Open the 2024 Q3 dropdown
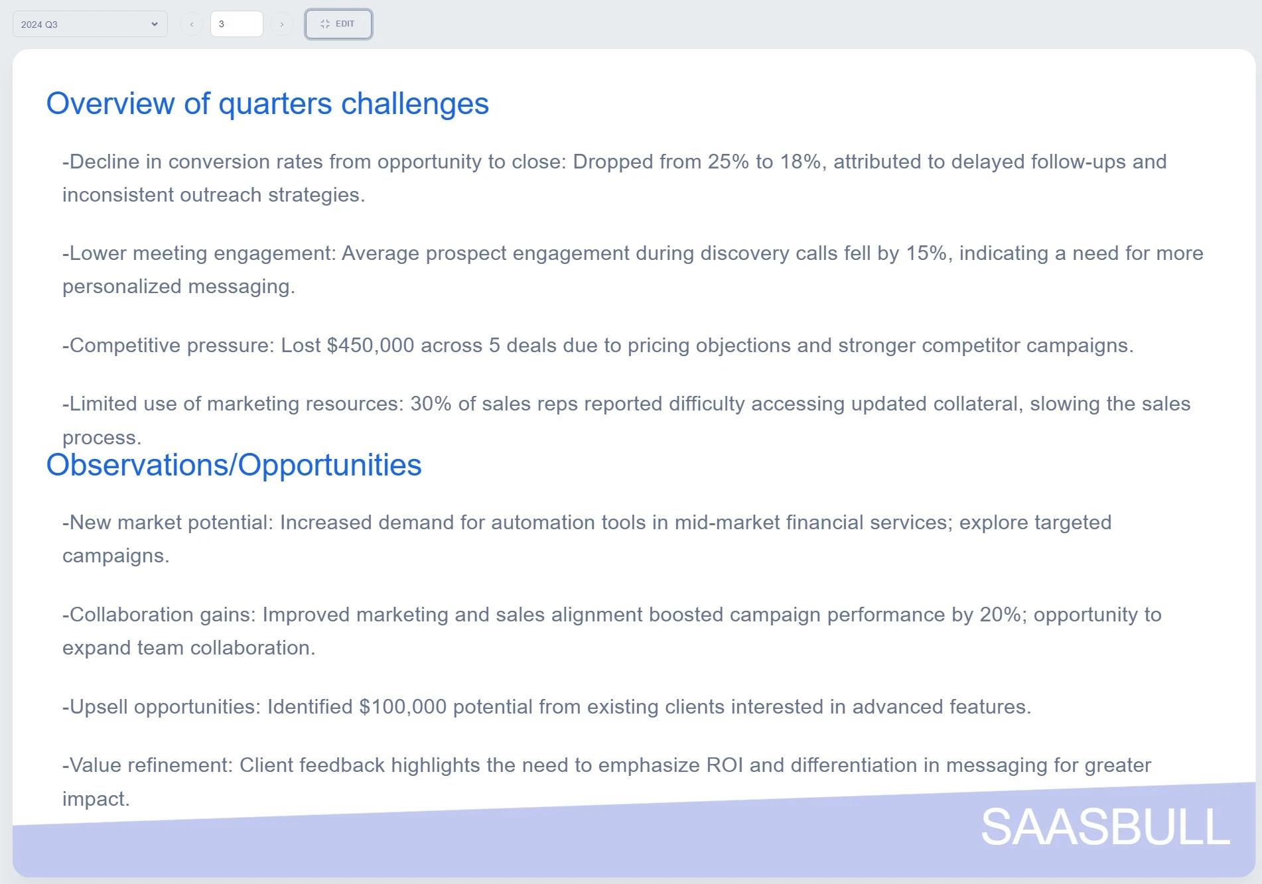point(90,25)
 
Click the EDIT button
point(338,24)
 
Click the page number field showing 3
point(236,24)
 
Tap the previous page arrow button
point(191,25)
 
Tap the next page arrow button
point(281,25)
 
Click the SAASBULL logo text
point(1105,827)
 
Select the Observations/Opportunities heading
point(234,465)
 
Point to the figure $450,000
point(370,346)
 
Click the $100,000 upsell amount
point(403,707)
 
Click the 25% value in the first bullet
point(729,162)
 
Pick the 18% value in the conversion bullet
point(801,162)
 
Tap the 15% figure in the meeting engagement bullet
point(926,253)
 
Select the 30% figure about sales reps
point(431,404)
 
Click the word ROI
point(725,765)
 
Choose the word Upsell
point(99,708)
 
